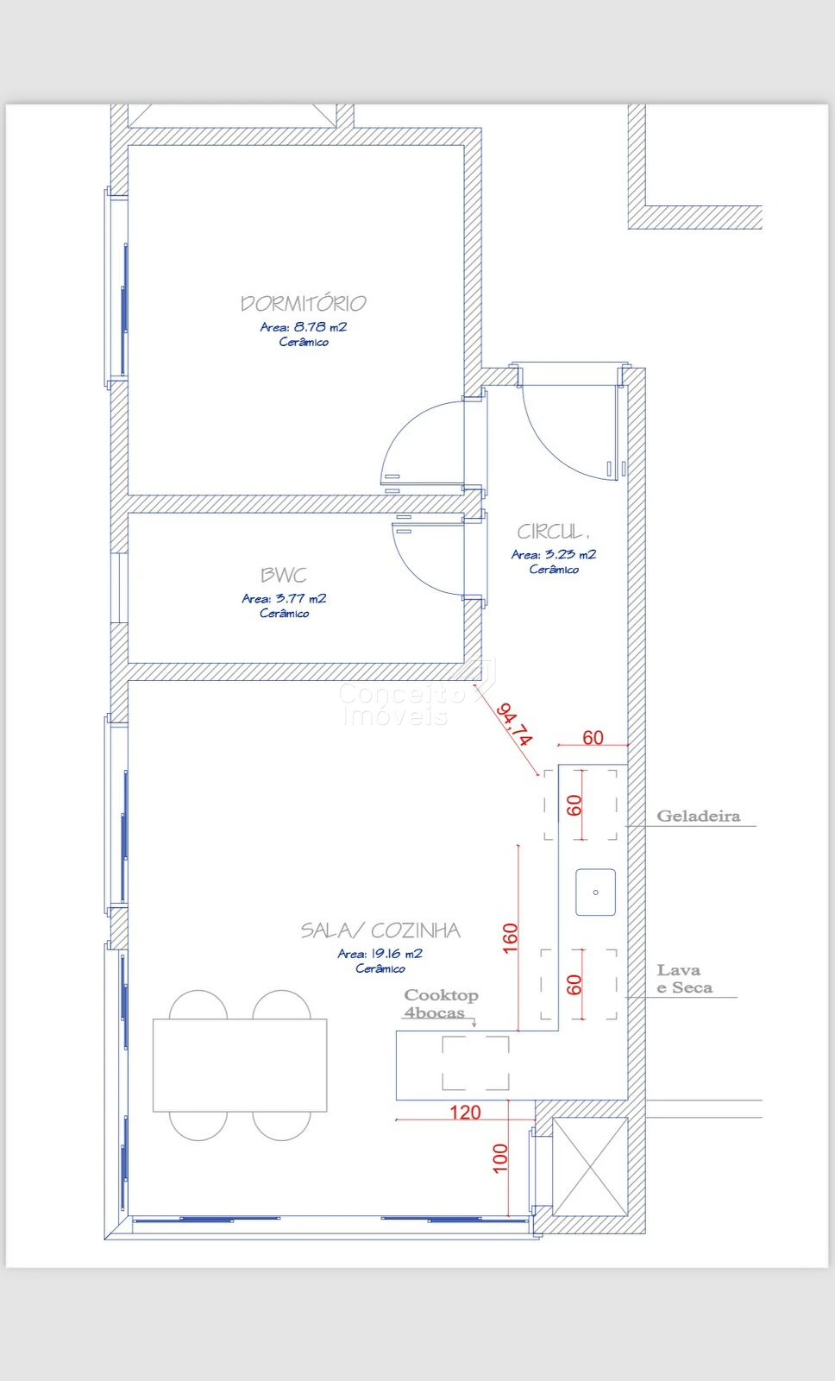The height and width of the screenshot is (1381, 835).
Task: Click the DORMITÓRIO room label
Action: click(x=303, y=303)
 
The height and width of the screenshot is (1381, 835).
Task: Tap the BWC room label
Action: click(x=284, y=575)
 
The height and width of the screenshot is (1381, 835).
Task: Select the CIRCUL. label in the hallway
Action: click(x=553, y=532)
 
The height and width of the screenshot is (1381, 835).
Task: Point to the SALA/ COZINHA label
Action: click(x=380, y=930)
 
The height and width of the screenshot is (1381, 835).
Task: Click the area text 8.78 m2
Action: click(x=320, y=327)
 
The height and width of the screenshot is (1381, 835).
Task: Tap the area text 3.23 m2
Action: click(x=571, y=554)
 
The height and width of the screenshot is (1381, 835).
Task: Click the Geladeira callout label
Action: click(x=698, y=817)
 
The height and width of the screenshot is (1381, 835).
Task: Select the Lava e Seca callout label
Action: click(x=684, y=979)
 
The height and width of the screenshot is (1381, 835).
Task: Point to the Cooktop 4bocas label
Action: click(x=441, y=1004)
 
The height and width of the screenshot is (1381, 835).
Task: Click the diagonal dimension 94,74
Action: click(x=514, y=724)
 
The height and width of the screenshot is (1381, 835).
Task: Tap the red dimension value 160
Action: click(x=511, y=937)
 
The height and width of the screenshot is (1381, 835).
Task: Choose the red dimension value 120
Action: click(x=465, y=1113)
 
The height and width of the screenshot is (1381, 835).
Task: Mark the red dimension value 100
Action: click(x=500, y=1157)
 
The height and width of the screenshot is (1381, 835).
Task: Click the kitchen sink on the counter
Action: click(x=595, y=892)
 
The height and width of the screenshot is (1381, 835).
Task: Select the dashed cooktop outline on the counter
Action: click(x=476, y=1063)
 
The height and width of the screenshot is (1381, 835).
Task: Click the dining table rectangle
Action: click(x=240, y=1065)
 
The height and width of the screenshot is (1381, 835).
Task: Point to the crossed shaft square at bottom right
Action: click(x=590, y=1166)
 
